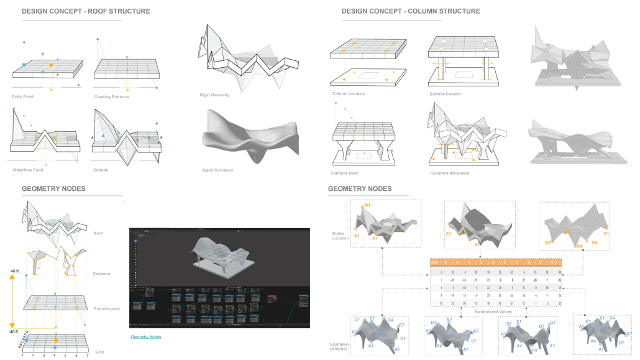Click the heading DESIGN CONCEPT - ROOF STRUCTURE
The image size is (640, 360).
[x=86, y=11]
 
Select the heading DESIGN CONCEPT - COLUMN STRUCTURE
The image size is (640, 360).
[x=411, y=11]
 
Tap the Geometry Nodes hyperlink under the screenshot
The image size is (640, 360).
[x=146, y=336]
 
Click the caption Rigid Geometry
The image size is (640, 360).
[x=216, y=95]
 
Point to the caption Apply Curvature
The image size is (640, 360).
[x=217, y=170]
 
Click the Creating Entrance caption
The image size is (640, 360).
[x=111, y=97]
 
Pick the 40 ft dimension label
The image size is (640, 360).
[x=15, y=271]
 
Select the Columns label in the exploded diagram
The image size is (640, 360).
[x=103, y=273]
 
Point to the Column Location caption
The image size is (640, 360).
[x=349, y=94]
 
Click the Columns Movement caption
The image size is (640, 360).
[x=450, y=173]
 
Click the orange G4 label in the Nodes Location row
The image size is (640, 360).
[x=594, y=242]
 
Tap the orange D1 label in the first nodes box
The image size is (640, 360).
[x=367, y=205]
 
